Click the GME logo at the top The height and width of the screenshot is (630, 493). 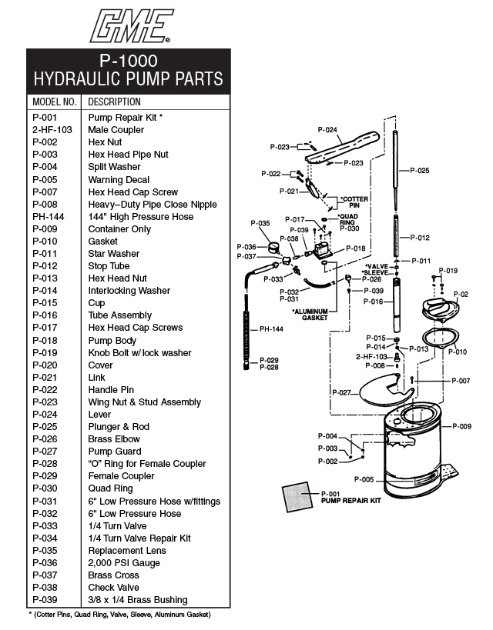[x=128, y=25]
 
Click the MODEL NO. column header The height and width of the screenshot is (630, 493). [x=54, y=102]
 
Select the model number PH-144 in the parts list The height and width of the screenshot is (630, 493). [x=49, y=217]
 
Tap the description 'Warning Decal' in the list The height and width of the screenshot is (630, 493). [x=119, y=179]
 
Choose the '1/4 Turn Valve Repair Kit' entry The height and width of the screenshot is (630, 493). [x=139, y=538]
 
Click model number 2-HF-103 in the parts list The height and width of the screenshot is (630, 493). [x=52, y=130]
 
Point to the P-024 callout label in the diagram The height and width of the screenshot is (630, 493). [x=327, y=130]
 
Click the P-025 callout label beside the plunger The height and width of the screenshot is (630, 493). [x=419, y=170]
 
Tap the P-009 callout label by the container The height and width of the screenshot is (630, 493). [x=461, y=425]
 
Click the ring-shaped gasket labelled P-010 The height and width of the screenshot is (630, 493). [x=438, y=338]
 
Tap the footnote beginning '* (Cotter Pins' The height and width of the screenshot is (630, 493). [x=119, y=615]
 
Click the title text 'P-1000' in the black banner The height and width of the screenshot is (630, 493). [x=129, y=60]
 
